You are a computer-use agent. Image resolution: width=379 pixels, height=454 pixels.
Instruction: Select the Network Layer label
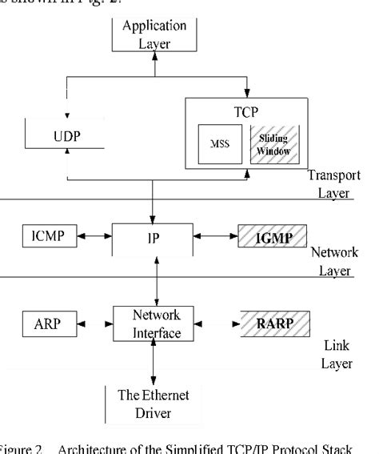[334, 261]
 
